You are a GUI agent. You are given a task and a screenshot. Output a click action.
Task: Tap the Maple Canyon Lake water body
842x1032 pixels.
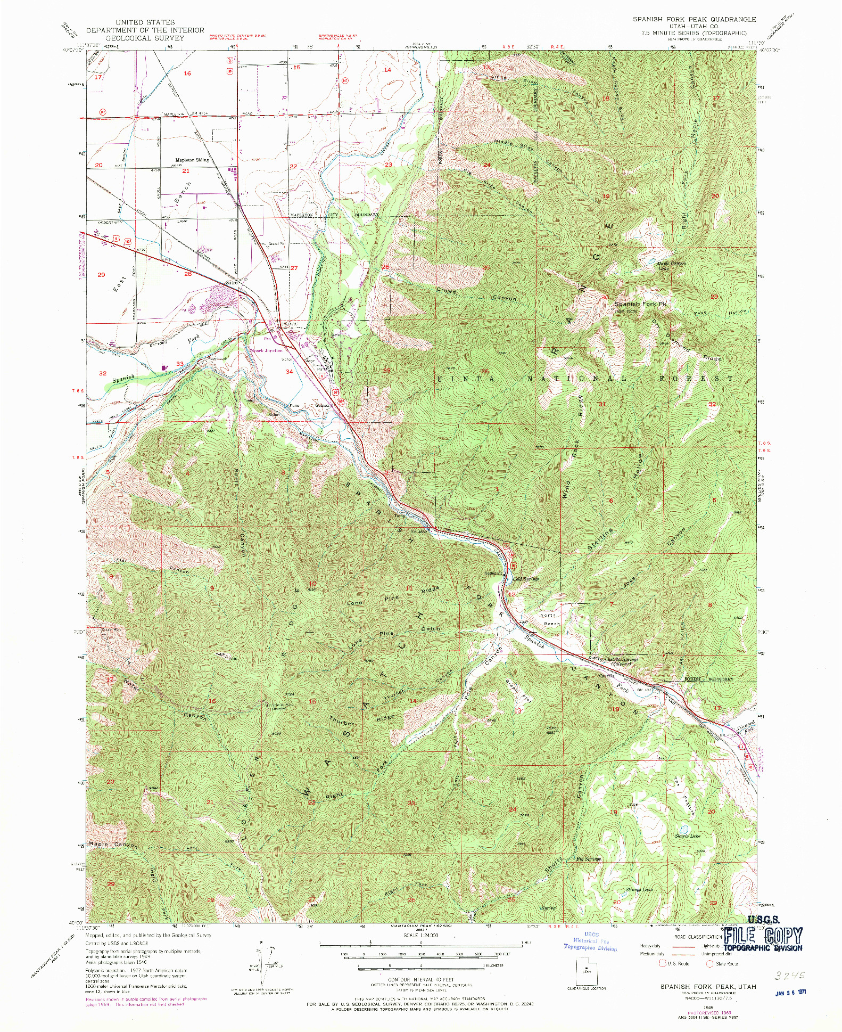pyautogui.click(x=650, y=261)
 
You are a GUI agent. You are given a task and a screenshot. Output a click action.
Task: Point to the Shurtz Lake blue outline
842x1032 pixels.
pyautogui.click(x=684, y=829)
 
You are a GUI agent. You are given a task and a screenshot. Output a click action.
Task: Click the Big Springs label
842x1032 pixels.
pyautogui.click(x=589, y=859)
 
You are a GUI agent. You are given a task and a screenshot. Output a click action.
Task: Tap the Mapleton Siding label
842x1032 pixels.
pyautogui.click(x=192, y=160)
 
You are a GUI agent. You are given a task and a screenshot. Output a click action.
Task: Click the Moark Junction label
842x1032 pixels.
pyautogui.click(x=267, y=350)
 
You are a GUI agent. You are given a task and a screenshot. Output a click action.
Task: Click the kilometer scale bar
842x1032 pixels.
pyautogui.click(x=415, y=965)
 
